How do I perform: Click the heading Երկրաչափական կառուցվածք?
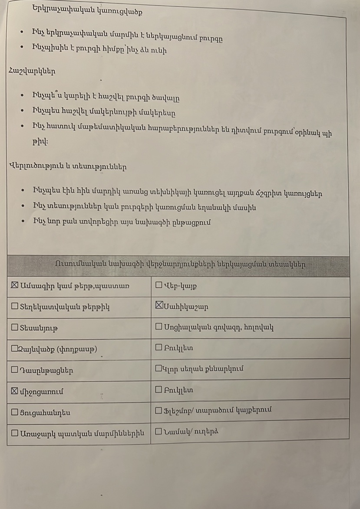87,9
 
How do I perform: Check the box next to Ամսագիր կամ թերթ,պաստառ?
14,285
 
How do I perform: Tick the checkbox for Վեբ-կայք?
159,286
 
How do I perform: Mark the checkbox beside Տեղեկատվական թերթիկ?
14,307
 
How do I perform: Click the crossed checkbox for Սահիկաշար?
159,306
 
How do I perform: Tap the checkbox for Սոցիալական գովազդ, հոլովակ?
159,327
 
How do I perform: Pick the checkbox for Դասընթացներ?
14,370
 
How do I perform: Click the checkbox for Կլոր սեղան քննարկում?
159,368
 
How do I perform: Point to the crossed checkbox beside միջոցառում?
14,391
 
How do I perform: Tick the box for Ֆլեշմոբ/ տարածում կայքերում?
159,410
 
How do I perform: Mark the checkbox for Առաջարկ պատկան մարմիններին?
14,433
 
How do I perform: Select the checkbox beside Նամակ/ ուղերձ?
159,431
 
